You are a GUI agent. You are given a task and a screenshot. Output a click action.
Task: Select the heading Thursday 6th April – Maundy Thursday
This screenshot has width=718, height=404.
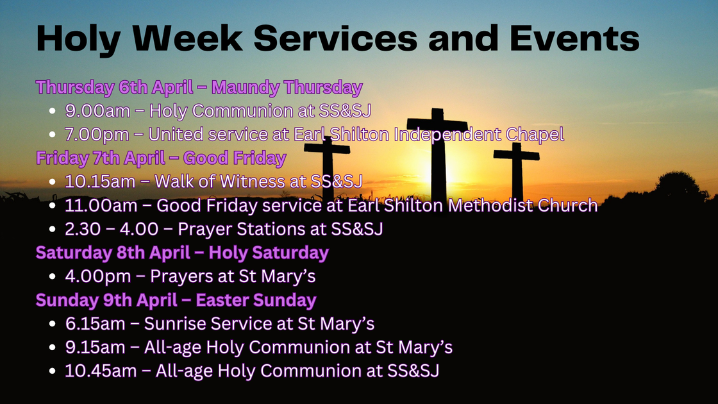(x=199, y=87)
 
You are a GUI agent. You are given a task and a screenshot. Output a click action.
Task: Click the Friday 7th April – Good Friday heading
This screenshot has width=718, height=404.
(x=161, y=158)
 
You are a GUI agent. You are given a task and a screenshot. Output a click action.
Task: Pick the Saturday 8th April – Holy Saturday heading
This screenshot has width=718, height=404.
(x=182, y=253)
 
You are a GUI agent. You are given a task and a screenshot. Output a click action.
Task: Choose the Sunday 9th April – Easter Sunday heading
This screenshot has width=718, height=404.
(x=176, y=300)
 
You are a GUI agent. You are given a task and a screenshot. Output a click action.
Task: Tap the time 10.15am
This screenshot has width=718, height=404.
(x=100, y=181)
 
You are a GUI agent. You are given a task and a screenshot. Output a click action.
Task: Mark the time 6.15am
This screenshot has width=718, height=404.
(x=96, y=323)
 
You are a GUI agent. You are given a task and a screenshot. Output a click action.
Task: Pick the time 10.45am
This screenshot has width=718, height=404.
(x=100, y=371)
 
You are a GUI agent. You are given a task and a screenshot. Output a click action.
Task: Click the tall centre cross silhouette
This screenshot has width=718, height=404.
(x=438, y=154)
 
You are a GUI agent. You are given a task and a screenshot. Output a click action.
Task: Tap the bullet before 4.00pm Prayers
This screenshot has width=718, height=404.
(x=53, y=277)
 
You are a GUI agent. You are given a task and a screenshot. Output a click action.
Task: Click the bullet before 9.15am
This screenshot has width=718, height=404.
(x=53, y=348)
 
